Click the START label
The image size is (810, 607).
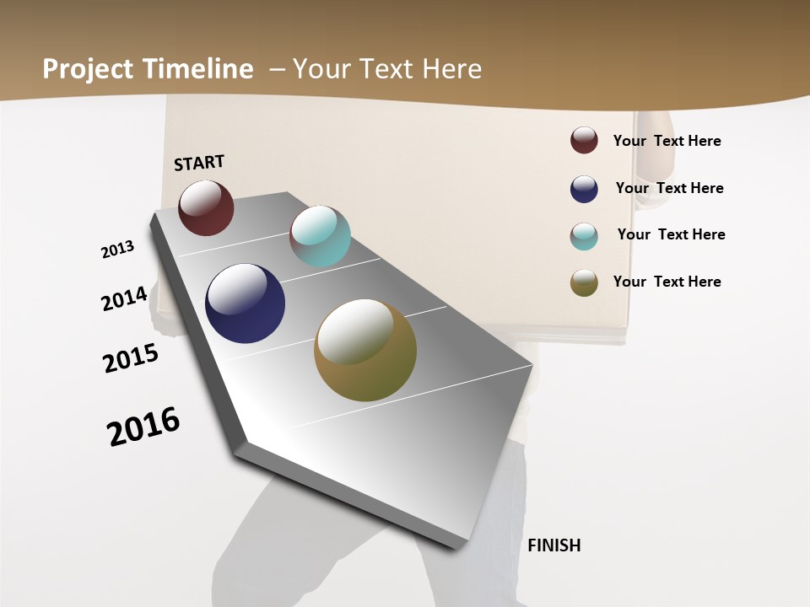tap(199, 163)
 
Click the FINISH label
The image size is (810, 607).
tap(553, 545)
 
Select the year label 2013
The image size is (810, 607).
tap(118, 250)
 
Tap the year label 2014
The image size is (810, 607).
tap(125, 298)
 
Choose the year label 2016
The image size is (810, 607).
tap(143, 427)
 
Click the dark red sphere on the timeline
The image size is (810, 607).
tap(206, 207)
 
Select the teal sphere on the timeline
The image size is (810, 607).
tap(320, 236)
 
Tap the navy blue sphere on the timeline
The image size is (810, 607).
tap(245, 303)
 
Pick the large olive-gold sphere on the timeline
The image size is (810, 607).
tap(365, 350)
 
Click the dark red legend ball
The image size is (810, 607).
tap(584, 140)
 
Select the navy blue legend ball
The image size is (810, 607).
tap(584, 189)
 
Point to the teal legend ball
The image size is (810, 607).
tap(584, 236)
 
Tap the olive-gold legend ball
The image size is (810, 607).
tap(584, 282)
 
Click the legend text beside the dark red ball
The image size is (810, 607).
tap(667, 141)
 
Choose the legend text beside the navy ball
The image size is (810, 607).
tap(669, 188)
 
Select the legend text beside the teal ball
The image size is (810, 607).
tap(671, 234)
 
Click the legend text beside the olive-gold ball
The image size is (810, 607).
tap(667, 282)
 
